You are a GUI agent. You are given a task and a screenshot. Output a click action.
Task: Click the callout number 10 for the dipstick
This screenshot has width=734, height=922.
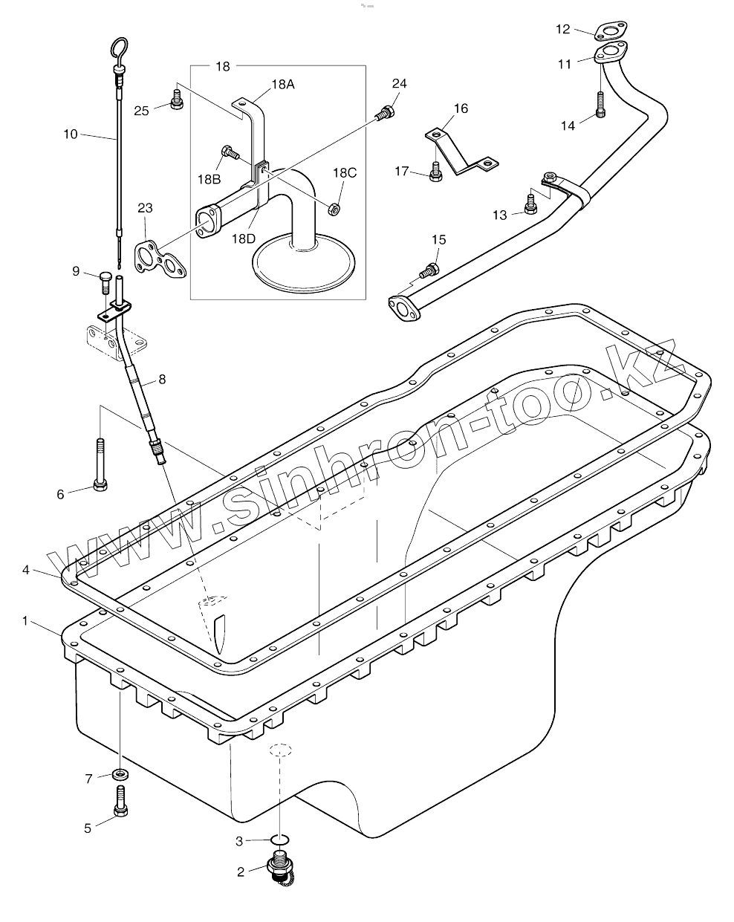click(x=71, y=134)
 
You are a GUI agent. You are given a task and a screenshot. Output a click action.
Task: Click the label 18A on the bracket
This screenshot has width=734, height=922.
click(x=282, y=85)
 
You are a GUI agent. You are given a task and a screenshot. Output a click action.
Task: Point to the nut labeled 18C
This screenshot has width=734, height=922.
click(x=334, y=208)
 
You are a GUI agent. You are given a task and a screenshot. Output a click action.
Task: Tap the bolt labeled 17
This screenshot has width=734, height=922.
click(x=436, y=172)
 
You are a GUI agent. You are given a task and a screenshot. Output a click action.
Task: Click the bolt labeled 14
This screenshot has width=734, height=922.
click(x=600, y=105)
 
